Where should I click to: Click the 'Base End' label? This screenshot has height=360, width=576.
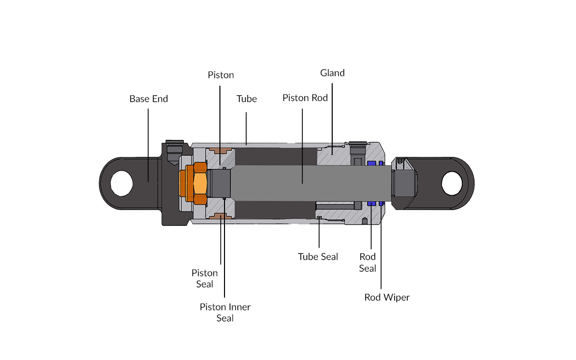point(148,99)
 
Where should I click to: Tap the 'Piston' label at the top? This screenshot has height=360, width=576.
point(221,75)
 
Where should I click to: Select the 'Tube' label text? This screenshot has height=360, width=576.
point(247,99)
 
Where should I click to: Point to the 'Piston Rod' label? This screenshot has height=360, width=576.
point(305,97)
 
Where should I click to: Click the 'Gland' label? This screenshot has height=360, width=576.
point(332,73)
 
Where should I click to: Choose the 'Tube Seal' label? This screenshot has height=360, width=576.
point(318,256)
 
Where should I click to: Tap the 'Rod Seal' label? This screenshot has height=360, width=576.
point(368,262)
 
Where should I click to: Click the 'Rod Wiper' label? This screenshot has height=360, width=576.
point(387,297)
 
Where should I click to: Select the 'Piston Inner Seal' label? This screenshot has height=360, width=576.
point(225,312)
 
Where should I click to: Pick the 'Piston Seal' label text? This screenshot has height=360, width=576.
point(205,278)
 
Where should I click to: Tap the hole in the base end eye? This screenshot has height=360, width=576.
point(121,183)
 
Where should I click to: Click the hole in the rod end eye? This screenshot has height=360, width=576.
point(452,183)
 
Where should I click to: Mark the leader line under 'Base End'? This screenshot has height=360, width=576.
point(148,142)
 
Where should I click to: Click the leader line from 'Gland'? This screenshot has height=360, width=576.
point(332,117)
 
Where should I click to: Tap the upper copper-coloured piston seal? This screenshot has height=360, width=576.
point(220,151)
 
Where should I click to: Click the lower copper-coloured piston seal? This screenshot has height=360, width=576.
point(220,216)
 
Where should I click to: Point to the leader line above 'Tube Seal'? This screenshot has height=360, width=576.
point(318,234)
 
